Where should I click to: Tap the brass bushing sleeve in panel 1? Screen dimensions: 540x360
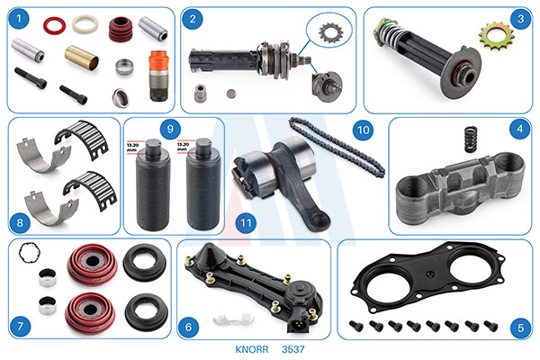(x=82, y=58)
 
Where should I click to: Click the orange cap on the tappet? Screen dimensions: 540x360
(x=158, y=61)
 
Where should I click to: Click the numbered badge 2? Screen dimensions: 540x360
(x=193, y=19)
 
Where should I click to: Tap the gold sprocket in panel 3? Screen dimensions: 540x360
(x=496, y=36)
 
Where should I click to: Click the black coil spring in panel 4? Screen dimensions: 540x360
(x=471, y=139)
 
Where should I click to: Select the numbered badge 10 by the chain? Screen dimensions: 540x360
(x=363, y=130)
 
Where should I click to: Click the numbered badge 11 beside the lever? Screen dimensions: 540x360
(x=246, y=223)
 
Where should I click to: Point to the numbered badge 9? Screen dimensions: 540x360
(x=170, y=130)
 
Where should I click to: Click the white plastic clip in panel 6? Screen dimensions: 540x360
(x=233, y=320)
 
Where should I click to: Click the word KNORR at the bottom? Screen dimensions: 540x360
(x=252, y=349)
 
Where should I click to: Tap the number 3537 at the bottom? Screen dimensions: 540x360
(x=293, y=349)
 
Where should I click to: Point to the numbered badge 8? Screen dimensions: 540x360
(x=20, y=222)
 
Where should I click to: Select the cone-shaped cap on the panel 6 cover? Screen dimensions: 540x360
(x=208, y=253)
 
